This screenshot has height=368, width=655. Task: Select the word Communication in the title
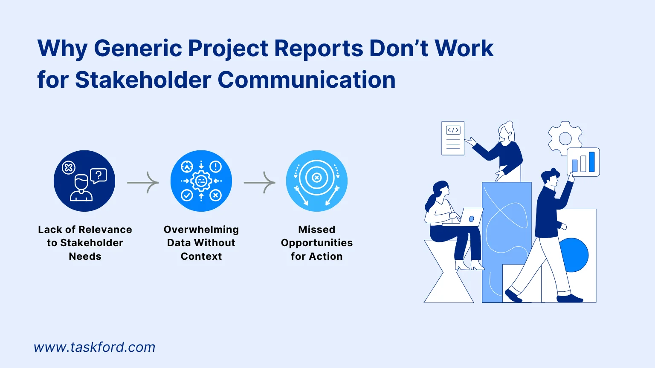(x=307, y=80)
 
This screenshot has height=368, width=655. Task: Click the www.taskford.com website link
(x=94, y=347)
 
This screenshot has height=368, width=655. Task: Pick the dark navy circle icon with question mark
(x=84, y=181)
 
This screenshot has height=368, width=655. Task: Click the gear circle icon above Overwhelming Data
(x=201, y=181)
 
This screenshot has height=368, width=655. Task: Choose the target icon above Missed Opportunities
(x=317, y=181)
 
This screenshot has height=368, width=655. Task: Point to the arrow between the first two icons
(x=143, y=183)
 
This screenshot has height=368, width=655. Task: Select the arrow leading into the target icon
(x=260, y=183)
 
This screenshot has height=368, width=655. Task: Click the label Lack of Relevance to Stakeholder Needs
(x=85, y=243)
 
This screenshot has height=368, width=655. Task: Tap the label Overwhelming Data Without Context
(x=201, y=243)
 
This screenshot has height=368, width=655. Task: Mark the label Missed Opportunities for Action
(x=317, y=243)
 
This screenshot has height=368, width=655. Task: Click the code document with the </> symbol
(x=453, y=138)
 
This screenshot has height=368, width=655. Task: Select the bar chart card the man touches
(x=583, y=162)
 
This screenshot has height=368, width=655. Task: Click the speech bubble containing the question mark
(x=99, y=175)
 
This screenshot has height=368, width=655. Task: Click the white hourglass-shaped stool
(x=448, y=273)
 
